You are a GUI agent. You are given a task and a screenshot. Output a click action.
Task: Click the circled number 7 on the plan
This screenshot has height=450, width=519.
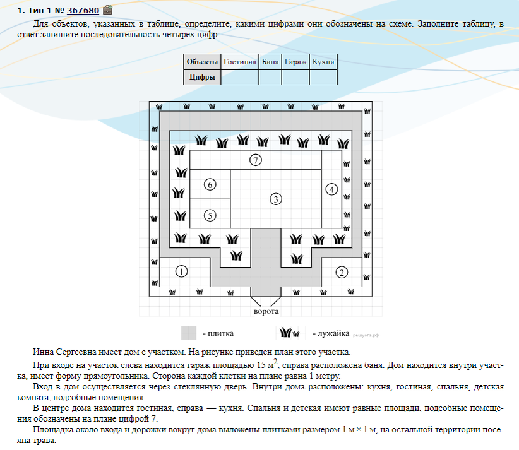255,160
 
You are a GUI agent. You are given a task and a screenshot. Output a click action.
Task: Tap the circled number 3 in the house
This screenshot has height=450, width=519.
275,199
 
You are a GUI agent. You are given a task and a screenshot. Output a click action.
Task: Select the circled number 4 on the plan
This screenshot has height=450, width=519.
331,189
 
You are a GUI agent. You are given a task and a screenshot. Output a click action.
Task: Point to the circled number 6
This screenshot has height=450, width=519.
210,184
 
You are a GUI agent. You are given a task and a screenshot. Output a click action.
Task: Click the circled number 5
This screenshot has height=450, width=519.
210,215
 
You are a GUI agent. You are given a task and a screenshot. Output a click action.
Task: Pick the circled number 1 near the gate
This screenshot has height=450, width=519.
181,272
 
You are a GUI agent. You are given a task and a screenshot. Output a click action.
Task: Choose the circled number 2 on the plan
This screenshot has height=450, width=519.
342,272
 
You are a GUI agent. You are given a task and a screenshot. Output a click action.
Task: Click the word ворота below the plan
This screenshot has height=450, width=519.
266,311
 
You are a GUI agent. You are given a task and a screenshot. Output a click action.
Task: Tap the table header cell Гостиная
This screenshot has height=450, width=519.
239,62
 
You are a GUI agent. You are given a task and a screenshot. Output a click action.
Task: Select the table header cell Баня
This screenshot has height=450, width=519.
270,62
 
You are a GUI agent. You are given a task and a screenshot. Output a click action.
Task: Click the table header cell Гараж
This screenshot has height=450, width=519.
295,62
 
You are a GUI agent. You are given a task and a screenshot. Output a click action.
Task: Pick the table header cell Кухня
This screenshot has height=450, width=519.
323,62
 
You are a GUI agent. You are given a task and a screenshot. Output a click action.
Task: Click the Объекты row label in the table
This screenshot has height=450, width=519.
202,62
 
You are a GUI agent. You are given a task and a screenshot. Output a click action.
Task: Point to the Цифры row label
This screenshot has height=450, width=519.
202,77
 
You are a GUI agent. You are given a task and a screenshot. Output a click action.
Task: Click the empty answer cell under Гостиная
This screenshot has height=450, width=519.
239,77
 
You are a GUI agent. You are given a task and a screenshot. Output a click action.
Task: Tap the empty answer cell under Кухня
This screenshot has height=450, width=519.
323,77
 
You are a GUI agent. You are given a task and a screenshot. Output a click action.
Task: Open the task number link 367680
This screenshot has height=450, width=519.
83,10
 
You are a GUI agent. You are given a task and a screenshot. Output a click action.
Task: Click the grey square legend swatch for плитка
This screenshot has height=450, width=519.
189,333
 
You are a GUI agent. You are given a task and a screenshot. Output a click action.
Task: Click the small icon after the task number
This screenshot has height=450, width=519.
107,10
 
